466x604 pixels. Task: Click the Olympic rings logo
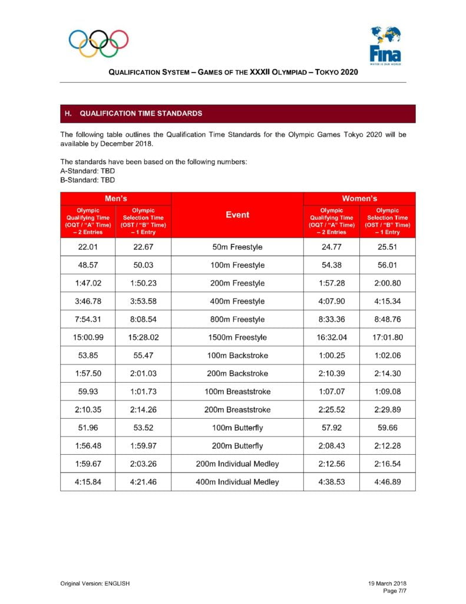pyautogui.click(x=98, y=43)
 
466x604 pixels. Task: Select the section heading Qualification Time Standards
pyautogui.click(x=141, y=113)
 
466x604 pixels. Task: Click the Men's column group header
pyautogui.click(x=115, y=199)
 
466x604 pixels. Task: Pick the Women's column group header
pyautogui.click(x=359, y=199)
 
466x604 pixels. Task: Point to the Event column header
pyautogui.click(x=237, y=215)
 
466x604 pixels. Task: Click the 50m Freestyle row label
pyautogui.click(x=237, y=247)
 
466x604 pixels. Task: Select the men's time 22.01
pyautogui.click(x=88, y=247)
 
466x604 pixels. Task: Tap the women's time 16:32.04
pyautogui.click(x=331, y=337)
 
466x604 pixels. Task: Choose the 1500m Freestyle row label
pyautogui.click(x=237, y=337)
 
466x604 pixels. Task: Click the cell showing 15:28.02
pyautogui.click(x=143, y=337)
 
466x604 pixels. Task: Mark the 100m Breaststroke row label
pyautogui.click(x=237, y=392)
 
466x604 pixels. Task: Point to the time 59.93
pyautogui.click(x=88, y=392)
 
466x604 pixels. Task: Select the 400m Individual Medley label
pyautogui.click(x=237, y=482)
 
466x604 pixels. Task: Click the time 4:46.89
pyautogui.click(x=387, y=482)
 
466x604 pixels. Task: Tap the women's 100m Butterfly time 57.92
pyautogui.click(x=331, y=428)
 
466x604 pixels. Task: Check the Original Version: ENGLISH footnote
pyautogui.click(x=95, y=583)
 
